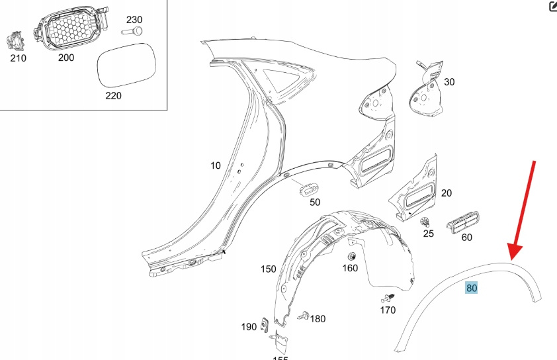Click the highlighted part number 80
coord(472,288)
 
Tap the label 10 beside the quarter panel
coord(216,165)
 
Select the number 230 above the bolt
coord(134,19)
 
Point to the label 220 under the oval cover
coord(114,95)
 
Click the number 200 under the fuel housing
coord(66,58)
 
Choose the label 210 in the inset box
coord(18,58)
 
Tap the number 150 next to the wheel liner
coord(269,269)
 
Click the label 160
coord(349,268)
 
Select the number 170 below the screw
coord(388,310)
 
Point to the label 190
coord(249,326)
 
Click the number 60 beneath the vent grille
coord(467,237)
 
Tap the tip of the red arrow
coord(512,259)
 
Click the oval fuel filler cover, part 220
coord(126,65)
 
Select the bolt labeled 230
coord(132,31)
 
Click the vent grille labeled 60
coord(465,223)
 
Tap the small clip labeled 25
coord(426,222)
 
